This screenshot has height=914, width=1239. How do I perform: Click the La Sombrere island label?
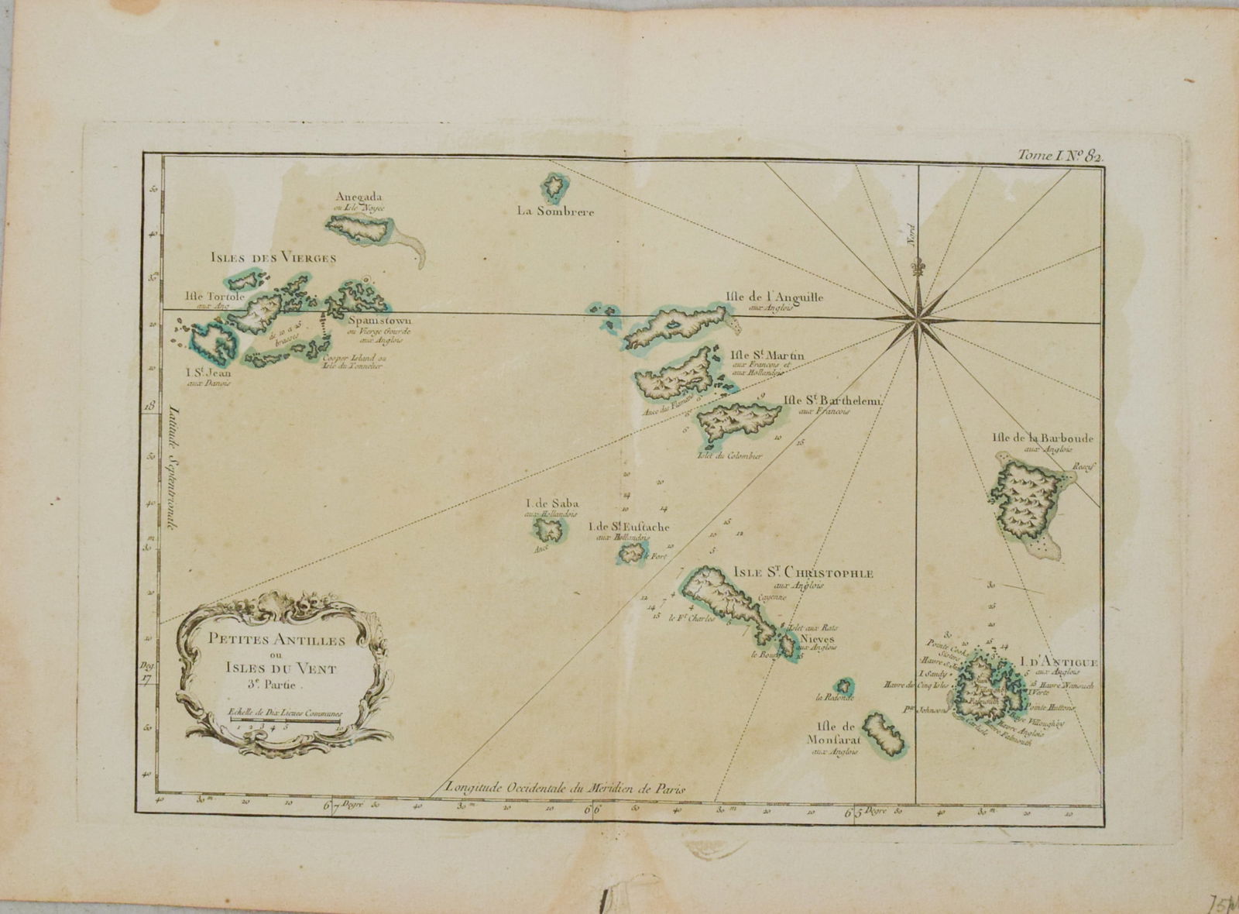[557, 212]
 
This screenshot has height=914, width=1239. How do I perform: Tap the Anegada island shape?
[358, 228]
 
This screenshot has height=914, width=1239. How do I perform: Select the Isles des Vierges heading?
[273, 257]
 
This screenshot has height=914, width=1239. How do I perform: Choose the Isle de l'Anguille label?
[774, 297]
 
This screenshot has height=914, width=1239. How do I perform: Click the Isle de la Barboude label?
[1042, 438]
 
